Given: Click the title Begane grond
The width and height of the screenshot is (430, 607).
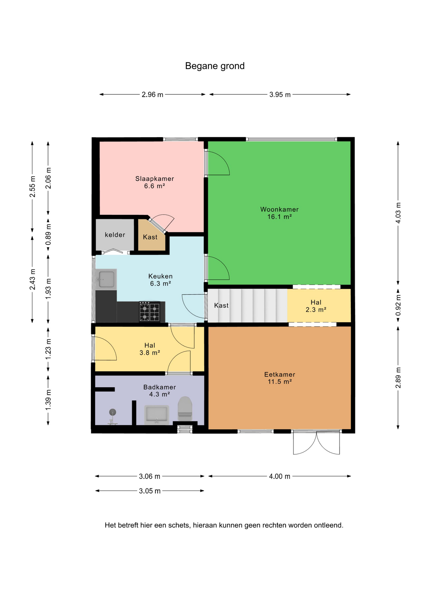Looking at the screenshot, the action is [x=215, y=66].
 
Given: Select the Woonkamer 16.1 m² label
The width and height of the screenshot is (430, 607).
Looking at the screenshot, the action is [x=279, y=213].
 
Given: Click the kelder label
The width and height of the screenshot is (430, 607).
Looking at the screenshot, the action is [x=115, y=235].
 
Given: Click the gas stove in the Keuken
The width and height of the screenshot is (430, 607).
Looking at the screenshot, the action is [x=149, y=312].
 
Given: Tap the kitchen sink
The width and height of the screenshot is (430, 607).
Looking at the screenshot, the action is [x=106, y=279].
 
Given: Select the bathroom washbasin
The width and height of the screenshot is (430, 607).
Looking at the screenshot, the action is [x=157, y=415].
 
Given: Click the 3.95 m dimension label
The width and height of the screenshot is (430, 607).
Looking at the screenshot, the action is [x=280, y=95].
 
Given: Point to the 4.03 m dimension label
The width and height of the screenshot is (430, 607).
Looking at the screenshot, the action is [x=398, y=213].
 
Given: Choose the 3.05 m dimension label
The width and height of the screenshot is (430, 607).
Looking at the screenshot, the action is [x=150, y=491].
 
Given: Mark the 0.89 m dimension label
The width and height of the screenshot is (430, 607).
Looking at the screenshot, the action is [x=48, y=234].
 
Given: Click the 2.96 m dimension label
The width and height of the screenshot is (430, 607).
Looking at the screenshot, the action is [x=152, y=95].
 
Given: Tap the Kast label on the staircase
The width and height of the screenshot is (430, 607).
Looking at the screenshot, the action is [x=221, y=305].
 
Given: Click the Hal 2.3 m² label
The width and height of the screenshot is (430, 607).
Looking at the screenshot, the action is [x=316, y=306].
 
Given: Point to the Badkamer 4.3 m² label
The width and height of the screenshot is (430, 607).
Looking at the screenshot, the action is [x=160, y=390].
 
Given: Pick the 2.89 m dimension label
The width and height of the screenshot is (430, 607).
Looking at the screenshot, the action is [x=398, y=378].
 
